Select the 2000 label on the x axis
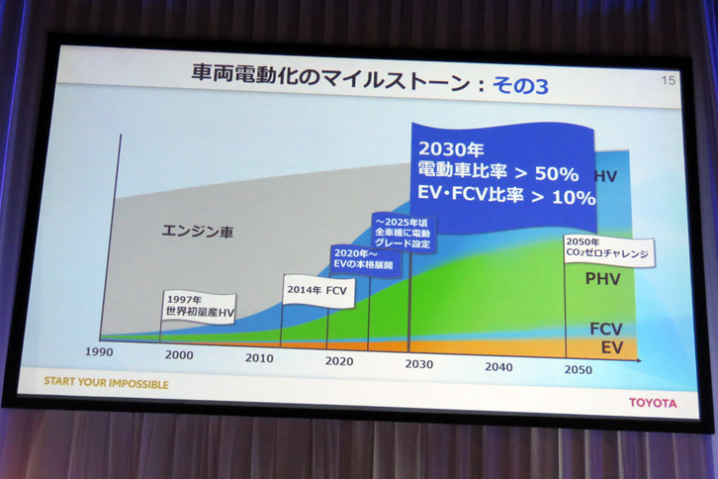pyautogui.click(x=179, y=355)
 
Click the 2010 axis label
pyautogui.click(x=260, y=358)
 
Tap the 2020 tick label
pyautogui.click(x=338, y=361)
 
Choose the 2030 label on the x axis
pyautogui.click(x=418, y=364)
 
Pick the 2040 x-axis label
pyautogui.click(x=498, y=367)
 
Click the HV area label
pyautogui.click(x=606, y=176)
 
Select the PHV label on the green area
pyautogui.click(x=602, y=280)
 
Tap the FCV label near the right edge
pyautogui.click(x=604, y=328)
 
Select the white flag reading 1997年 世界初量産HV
pyautogui.click(x=199, y=308)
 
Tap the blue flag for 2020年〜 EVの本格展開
pyautogui.click(x=365, y=259)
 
